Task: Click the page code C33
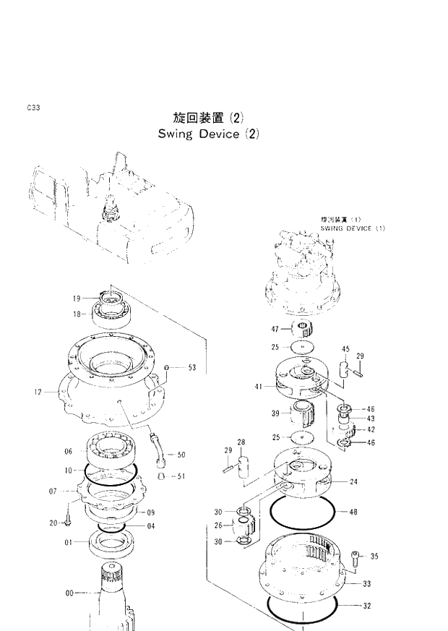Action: tap(33, 108)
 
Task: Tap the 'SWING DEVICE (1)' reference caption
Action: tap(355, 228)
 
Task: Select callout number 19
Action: tap(77, 298)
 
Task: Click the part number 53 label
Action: tap(191, 368)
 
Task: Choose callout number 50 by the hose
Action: tap(181, 455)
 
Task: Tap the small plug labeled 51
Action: tap(164, 476)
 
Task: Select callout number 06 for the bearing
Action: tap(69, 452)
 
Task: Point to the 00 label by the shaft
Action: tap(69, 593)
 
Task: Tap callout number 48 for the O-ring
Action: tap(353, 512)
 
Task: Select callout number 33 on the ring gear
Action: tap(366, 584)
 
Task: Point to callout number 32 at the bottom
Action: tap(366, 606)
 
